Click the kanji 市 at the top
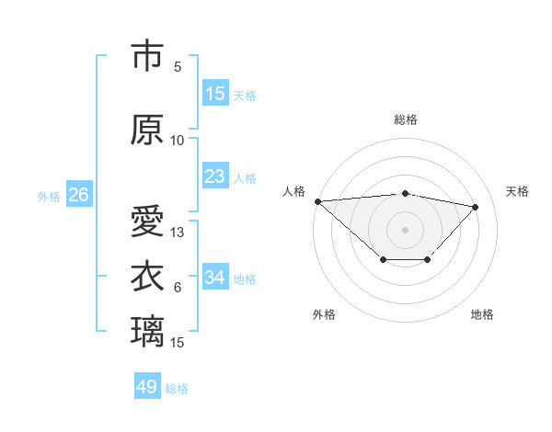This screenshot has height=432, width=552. tap(147, 57)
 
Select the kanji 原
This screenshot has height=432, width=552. tap(147, 131)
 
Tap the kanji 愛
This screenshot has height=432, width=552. tap(147, 222)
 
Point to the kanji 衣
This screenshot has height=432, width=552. tap(147, 278)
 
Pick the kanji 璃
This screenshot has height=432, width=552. tap(147, 331)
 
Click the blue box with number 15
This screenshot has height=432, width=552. tap(215, 94)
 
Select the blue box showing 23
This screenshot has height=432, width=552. tap(215, 176)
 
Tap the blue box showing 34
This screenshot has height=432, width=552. tap(215, 278)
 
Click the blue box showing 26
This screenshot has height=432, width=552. tap(78, 195)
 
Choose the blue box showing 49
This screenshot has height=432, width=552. tap(147, 387)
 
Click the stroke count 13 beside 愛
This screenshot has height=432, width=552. tap(178, 233)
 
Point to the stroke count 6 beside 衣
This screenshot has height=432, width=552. tap(178, 288)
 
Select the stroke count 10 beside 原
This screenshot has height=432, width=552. tap(178, 140)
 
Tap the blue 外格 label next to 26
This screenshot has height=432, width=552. tap(49, 196)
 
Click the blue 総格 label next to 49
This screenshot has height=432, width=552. tap(177, 389)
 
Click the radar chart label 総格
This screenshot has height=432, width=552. tap(406, 119)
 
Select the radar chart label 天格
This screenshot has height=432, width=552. tap(518, 191)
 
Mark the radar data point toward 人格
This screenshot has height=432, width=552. tap(317, 200)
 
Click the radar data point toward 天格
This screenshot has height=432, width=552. tap(476, 207)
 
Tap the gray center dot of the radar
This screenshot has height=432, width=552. tap(405, 229)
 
